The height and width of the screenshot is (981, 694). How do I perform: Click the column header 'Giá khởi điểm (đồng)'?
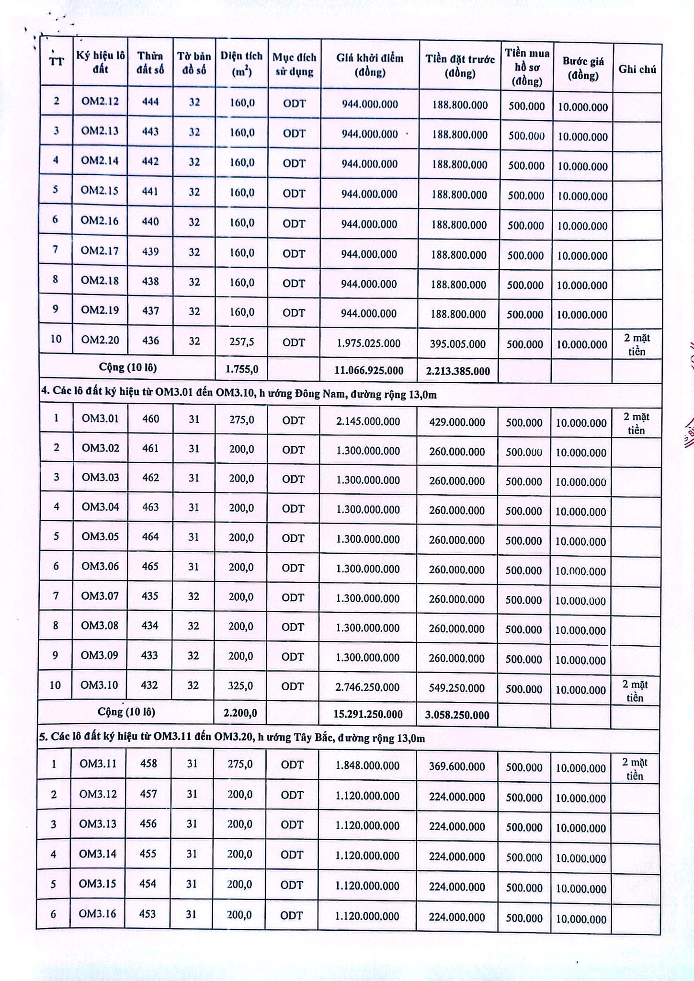pos(369,65)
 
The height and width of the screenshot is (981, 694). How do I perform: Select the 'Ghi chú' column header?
pos(637,69)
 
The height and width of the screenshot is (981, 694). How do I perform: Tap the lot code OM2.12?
pos(100,101)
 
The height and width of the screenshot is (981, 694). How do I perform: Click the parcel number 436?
pos(150,340)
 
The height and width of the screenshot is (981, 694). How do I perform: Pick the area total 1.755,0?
pos(242,369)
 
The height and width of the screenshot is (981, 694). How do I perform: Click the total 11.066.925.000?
pos(368,370)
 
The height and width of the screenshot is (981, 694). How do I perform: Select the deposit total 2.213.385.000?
pos(457,371)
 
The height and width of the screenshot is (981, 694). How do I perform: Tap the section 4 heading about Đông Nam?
pos(239,394)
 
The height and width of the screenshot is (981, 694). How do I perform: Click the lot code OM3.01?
pos(100,418)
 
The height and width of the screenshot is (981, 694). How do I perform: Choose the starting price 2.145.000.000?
pos(368,422)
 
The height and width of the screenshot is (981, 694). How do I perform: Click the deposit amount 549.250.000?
pos(457,688)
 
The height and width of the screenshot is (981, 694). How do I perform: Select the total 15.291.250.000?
pos(367,714)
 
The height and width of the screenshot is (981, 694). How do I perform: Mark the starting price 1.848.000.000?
pos(367,765)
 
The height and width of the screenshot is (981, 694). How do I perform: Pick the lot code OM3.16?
pos(98,913)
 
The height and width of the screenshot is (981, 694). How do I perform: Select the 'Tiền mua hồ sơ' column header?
pos(526,67)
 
